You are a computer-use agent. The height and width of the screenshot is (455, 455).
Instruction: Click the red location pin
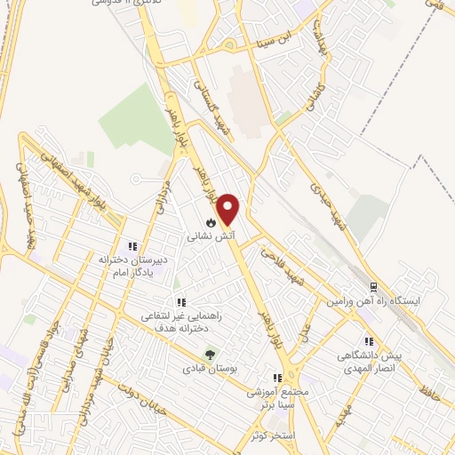pos(229,209)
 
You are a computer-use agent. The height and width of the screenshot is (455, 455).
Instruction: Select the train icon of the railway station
pos(373,287)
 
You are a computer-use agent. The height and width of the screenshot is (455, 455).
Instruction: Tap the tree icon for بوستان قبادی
pos(211,353)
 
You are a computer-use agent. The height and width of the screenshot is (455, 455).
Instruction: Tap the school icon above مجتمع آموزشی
pos(278,377)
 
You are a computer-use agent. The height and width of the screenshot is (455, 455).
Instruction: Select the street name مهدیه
pos(345,413)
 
